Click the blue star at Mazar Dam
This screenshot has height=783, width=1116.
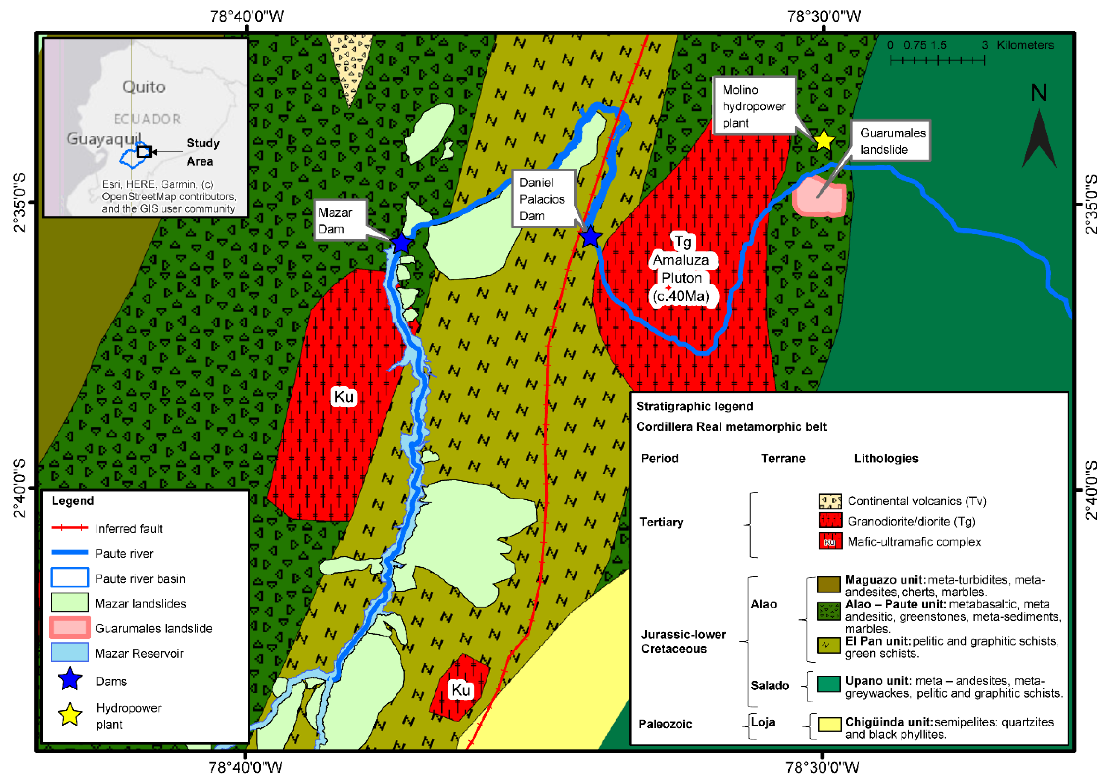(x=401, y=242)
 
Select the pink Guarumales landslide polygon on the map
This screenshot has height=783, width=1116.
(x=819, y=197)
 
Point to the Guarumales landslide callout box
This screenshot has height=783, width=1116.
(x=891, y=141)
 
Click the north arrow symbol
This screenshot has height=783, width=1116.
(x=1039, y=138)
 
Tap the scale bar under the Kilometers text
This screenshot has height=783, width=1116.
(x=937, y=60)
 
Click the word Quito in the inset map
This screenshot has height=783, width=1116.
(x=144, y=87)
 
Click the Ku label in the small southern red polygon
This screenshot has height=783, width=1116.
(x=460, y=690)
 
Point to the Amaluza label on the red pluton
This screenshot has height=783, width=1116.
(x=681, y=260)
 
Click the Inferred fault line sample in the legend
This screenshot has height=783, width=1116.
(x=70, y=527)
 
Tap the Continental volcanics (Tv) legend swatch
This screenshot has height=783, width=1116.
(x=829, y=501)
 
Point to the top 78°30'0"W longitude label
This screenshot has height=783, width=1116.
(x=824, y=17)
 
